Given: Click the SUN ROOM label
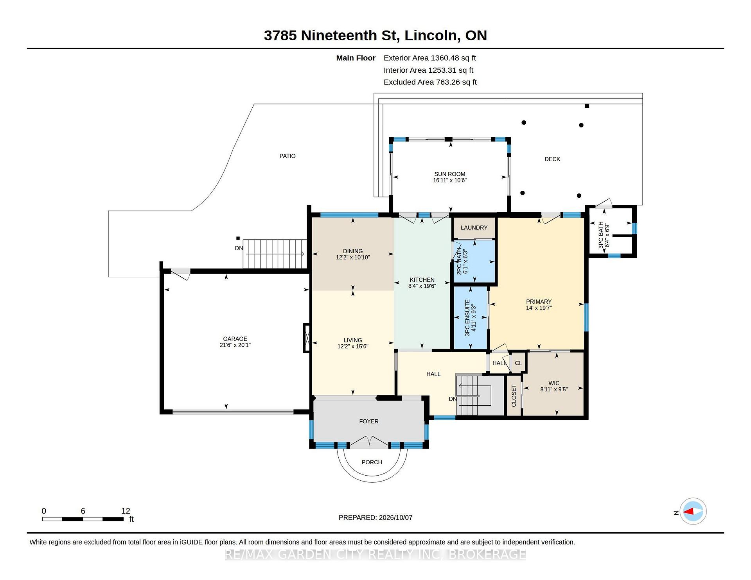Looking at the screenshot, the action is point(449,174).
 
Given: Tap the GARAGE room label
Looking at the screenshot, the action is point(235,339).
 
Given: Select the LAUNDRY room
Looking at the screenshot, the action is point(474,227).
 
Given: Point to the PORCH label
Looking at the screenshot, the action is point(372,462).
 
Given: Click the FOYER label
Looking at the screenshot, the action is point(369,421).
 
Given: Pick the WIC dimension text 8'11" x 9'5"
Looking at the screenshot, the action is point(554,389).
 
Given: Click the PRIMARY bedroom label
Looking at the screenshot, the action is point(539,302).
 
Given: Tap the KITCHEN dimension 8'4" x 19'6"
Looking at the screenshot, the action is point(422,286).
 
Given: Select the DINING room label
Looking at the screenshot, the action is point(353,251).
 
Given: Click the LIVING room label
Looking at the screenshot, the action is point(353,340).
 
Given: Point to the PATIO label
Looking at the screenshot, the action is point(287,156).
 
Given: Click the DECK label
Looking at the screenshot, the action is point(552,159).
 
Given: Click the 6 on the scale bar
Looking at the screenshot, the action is point(83,511).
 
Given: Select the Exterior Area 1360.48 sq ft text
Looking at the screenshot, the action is point(430,58).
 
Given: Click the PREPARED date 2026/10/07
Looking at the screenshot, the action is point(395,517).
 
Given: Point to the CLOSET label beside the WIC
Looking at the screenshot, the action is point(514,396).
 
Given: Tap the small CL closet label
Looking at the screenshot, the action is point(518,363).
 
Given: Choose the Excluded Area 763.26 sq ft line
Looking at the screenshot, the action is point(430,82).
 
